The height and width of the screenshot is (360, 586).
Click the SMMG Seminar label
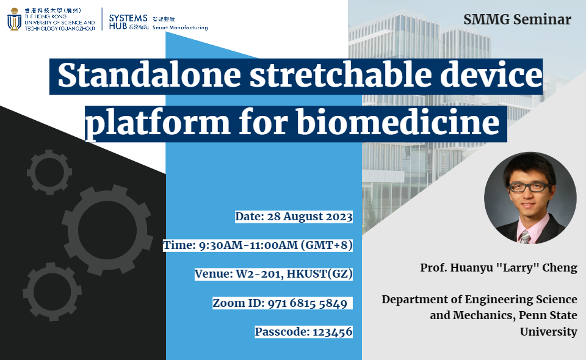tap(517, 20)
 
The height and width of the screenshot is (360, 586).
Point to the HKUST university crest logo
tap(14, 20)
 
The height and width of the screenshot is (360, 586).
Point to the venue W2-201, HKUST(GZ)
tap(273, 273)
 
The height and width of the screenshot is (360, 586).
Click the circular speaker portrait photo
tap(530, 198)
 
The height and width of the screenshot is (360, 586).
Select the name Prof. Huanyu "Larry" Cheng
tap(498, 268)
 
